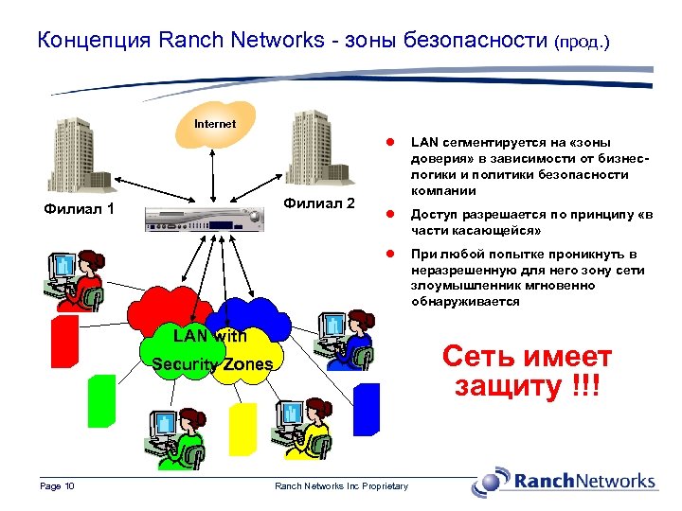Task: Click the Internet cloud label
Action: (215, 124)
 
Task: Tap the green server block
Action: (100, 399)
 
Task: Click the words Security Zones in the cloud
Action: (212, 364)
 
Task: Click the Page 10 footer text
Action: (58, 486)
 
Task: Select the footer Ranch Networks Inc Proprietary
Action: (341, 486)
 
